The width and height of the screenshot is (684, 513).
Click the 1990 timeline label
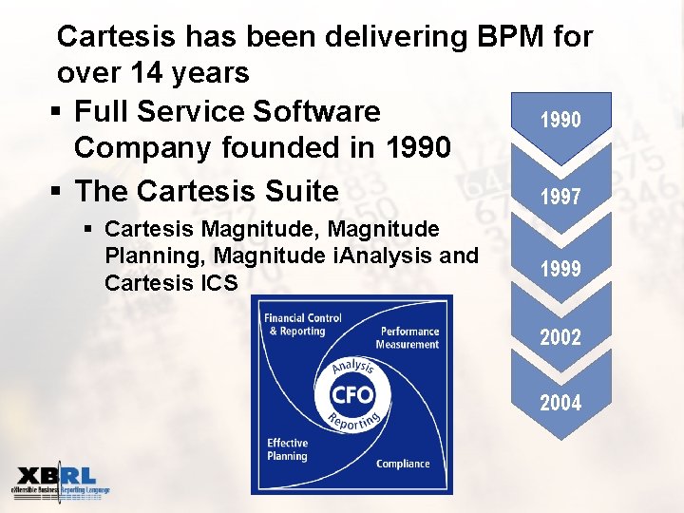(x=560, y=121)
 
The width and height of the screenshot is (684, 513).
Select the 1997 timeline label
(x=560, y=198)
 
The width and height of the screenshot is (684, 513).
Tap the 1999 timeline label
(x=560, y=269)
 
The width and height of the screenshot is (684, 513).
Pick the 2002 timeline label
(x=560, y=336)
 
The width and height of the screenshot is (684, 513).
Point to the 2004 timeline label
(x=560, y=403)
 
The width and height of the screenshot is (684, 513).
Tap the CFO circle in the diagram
(x=351, y=394)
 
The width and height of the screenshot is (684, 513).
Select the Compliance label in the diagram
(x=403, y=464)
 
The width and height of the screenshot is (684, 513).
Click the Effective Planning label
(x=287, y=449)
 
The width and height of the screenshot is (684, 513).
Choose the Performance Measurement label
(x=409, y=337)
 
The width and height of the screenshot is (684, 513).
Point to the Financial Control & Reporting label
(x=302, y=324)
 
